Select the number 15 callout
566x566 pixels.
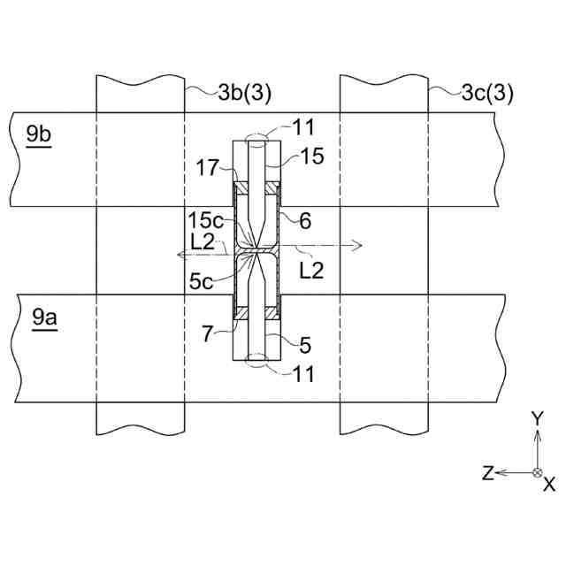tap(311, 157)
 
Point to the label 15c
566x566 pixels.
tap(205, 217)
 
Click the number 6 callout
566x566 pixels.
tap(305, 221)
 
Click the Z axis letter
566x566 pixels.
tap(487, 474)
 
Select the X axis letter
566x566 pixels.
tap(549, 484)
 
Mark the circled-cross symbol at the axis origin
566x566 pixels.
tap(537, 473)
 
